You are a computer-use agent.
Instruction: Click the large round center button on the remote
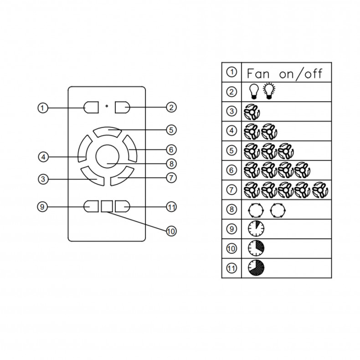[x=107, y=157]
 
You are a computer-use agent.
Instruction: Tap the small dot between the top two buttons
[x=107, y=106]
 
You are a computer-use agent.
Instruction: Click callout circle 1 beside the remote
[x=43, y=108]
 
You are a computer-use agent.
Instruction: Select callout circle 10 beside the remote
[x=171, y=231]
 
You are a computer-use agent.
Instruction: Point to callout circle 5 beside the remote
[x=171, y=130]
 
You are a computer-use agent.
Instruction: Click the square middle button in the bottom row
[x=107, y=206]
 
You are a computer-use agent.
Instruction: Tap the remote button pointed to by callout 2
[x=123, y=107]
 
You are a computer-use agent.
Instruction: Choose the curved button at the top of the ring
[x=108, y=132]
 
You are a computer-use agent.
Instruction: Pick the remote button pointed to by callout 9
[x=91, y=206]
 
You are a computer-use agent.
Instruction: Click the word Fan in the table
[x=258, y=74]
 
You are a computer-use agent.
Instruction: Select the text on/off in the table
[x=301, y=74]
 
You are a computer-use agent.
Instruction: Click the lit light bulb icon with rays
[x=269, y=91]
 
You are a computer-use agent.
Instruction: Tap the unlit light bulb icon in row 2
[x=254, y=92]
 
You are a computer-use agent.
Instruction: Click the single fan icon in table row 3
[x=252, y=112]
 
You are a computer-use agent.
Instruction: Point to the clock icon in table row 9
[x=256, y=229]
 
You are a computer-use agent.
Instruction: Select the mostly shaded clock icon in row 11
[x=256, y=267]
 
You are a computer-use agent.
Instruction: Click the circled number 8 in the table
[x=231, y=209]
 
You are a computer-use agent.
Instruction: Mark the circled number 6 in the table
[x=231, y=170]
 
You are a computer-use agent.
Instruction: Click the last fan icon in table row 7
[x=320, y=190]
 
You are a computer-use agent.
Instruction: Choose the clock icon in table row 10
[x=256, y=248]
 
